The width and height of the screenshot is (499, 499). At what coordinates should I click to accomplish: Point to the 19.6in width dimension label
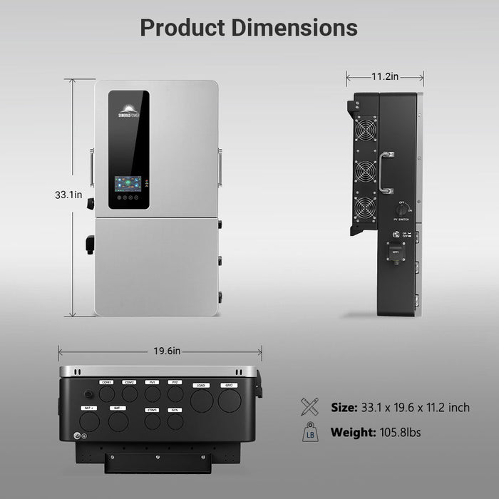160,351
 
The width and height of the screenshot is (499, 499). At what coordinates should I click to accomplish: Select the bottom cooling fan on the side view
366,212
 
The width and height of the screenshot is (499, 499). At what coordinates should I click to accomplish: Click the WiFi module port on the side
394,257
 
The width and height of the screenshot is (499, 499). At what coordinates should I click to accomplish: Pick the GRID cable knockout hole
229,401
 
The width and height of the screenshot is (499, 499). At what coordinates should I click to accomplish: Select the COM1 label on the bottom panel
107,383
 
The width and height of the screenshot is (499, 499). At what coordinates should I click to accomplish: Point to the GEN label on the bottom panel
175,411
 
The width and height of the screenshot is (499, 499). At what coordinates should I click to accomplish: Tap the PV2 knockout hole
175,393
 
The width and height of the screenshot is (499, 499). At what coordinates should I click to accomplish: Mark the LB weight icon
310,433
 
